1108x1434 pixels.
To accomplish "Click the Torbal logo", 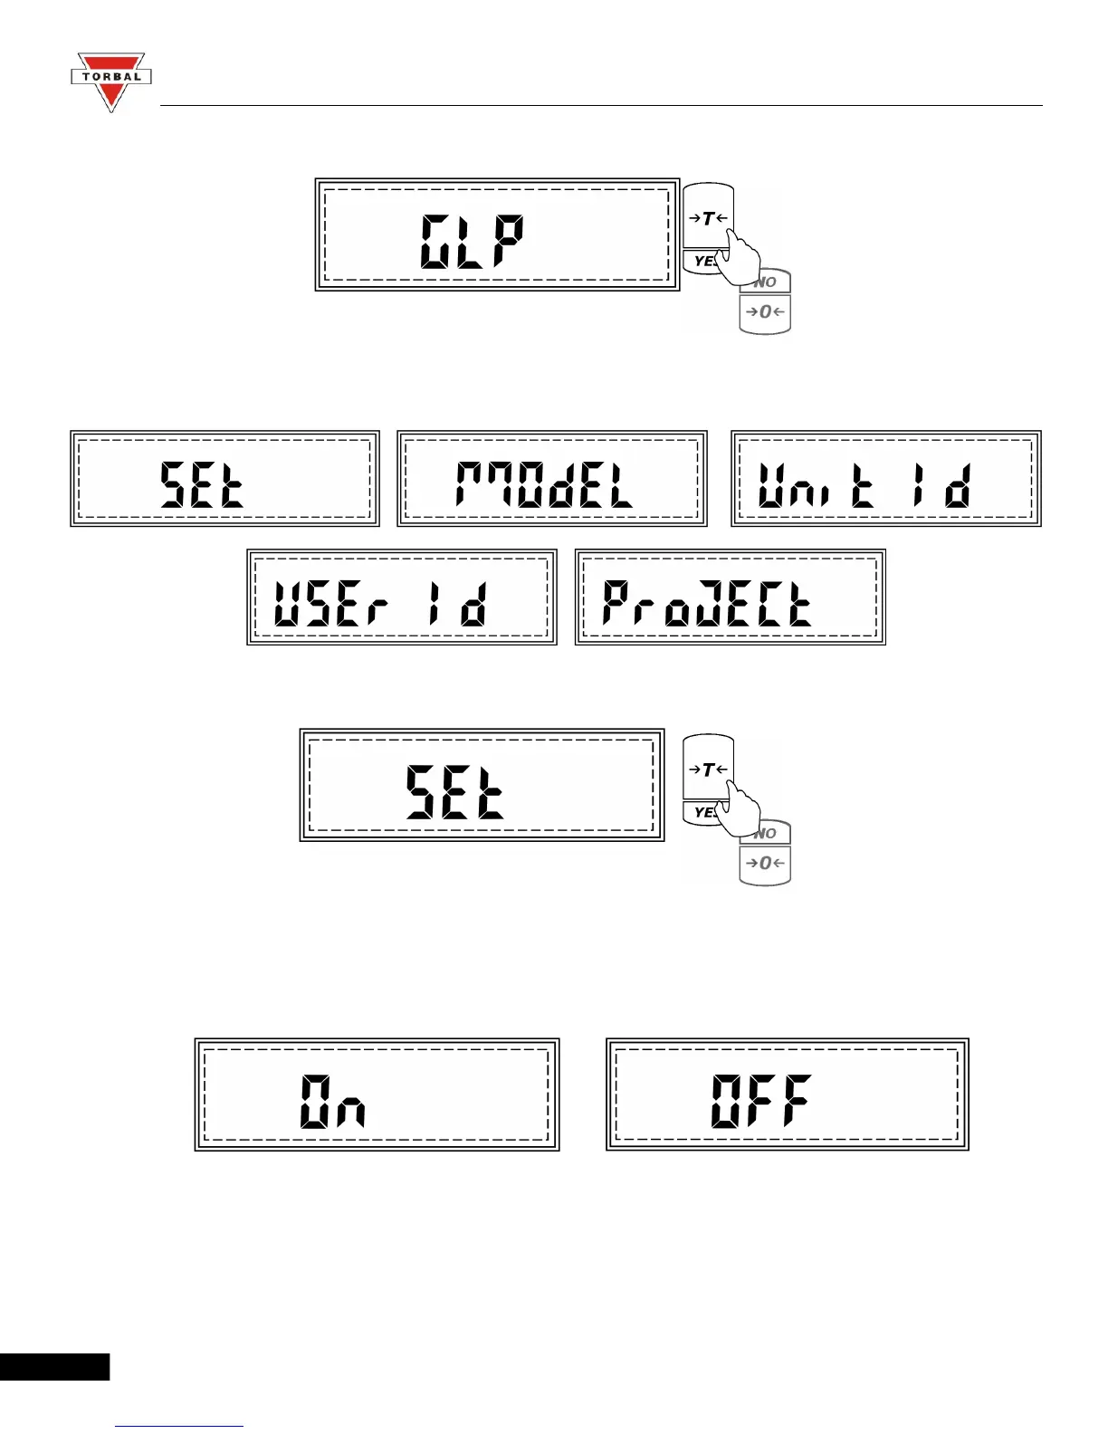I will coord(110,81).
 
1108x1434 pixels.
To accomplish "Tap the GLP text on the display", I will coord(472,242).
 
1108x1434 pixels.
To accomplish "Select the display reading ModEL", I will coord(551,479).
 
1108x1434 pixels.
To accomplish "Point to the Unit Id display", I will coord(886,479).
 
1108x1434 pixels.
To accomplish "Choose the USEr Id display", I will coord(401,597).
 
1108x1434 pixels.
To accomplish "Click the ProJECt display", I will coord(730,597).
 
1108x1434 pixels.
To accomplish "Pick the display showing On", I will coord(377,1095).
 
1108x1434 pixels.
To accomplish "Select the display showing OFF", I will coord(787,1095).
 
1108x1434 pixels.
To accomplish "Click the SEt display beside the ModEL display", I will coord(224,479).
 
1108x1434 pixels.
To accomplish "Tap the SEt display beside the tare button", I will coord(482,785).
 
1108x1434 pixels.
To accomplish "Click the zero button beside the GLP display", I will coord(766,313).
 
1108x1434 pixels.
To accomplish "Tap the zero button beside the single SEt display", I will coord(766,865).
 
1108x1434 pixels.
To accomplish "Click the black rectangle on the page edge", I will coord(54,1366).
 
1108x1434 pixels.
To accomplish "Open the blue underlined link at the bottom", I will coord(179,1426).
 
